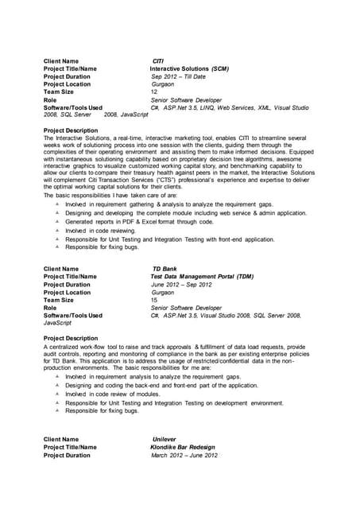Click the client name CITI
coord(157,61)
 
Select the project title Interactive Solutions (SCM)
coord(189,69)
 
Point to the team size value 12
coord(154,91)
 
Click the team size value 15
coord(154,300)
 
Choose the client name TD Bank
coord(165,270)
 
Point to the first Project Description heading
coord(71,130)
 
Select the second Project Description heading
coord(71,339)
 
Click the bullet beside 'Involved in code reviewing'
coord(58,230)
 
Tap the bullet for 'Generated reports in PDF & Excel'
coord(58,222)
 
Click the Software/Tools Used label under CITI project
coord(73,107)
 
